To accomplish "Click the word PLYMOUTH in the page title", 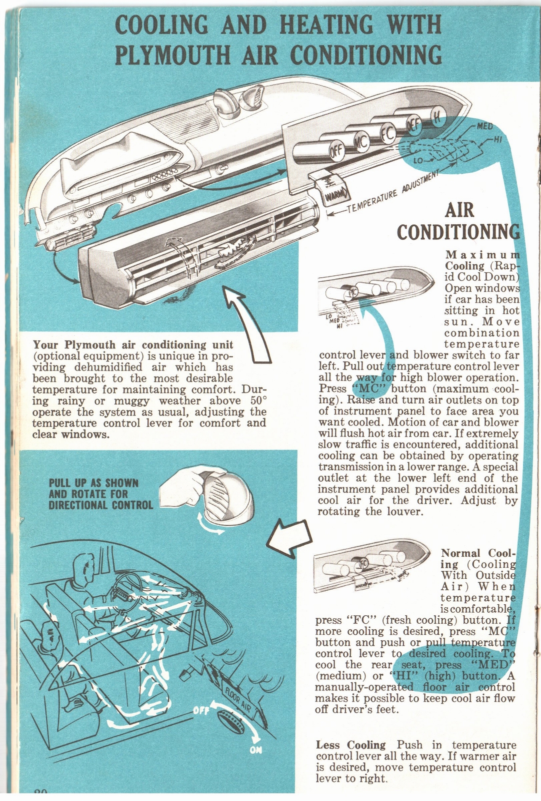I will pos(172,55).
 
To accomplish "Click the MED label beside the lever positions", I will pos(484,127).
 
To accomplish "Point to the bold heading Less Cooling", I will pos(350,745).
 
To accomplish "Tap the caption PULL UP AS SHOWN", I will pos(93,483).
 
